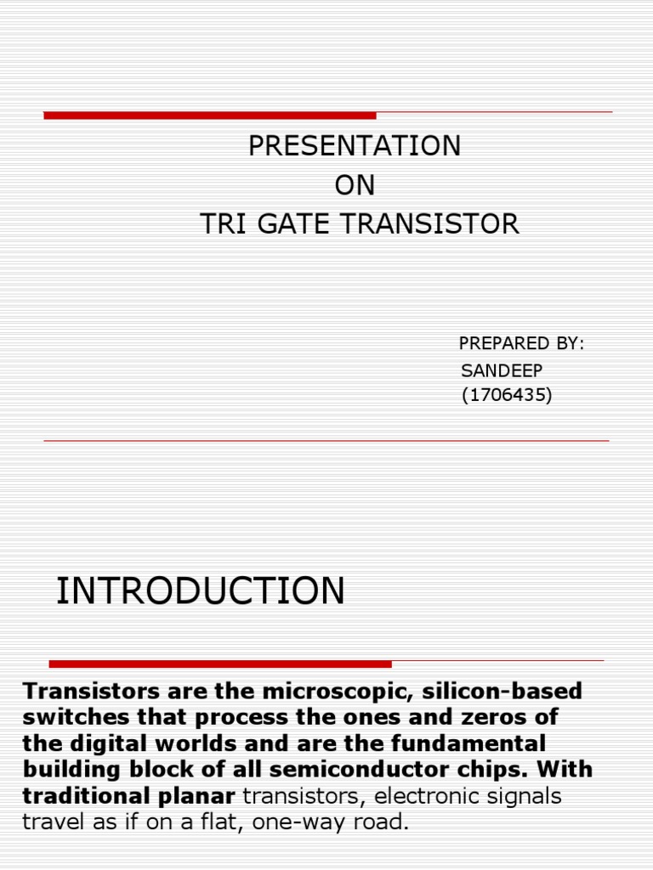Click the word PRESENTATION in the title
[x=355, y=146]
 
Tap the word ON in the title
[x=355, y=185]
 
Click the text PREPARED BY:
[x=521, y=343]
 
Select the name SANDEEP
[x=502, y=370]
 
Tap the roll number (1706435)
[x=507, y=395]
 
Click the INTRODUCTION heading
[x=201, y=591]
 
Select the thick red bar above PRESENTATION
[x=210, y=116]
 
